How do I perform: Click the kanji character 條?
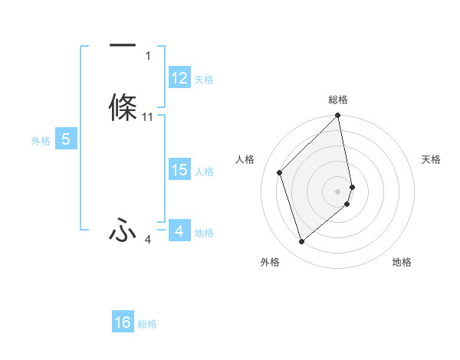123,107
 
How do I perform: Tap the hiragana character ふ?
123,230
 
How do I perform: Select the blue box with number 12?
179,79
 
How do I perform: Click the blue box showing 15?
179,171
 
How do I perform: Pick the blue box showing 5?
66,139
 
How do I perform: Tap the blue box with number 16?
123,322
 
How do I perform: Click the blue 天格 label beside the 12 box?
204,80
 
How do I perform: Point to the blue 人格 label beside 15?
205,172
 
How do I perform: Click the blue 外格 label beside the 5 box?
41,140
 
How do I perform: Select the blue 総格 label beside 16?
147,324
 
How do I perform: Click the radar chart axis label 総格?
338,100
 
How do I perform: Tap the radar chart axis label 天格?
432,159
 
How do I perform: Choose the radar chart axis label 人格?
245,159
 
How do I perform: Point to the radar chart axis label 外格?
270,263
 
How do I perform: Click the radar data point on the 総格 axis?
338,116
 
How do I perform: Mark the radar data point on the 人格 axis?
280,172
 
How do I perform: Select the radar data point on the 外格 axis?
302,242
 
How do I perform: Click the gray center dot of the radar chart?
338,191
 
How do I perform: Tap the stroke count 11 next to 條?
148,117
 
